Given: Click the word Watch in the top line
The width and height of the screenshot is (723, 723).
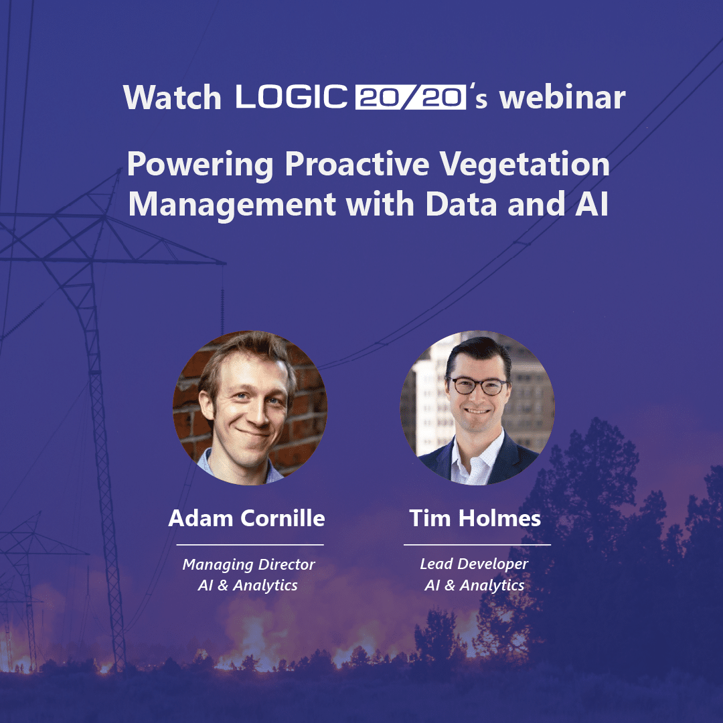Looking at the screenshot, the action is pos(172,97).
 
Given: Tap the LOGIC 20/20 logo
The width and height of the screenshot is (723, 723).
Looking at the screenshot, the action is pos(350,97).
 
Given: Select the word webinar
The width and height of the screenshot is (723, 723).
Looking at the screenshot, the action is pos(562,97).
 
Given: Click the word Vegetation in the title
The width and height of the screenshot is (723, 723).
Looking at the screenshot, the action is pos(524,165).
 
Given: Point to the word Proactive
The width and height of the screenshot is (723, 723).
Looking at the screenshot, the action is pos(357,164).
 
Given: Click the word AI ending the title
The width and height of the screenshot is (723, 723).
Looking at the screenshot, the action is pos(592,204).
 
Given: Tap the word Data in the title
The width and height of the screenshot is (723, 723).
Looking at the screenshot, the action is pos(461,204).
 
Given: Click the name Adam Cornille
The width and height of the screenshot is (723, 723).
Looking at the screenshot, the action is pos(246,518).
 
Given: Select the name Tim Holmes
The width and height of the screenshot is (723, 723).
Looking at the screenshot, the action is pos(475,518).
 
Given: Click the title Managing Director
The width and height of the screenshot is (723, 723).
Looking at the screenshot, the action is pos(248,565).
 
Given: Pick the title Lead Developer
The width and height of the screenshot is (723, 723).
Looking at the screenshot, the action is pos(474,564).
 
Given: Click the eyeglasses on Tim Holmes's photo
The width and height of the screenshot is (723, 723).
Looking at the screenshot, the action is pos(478,386).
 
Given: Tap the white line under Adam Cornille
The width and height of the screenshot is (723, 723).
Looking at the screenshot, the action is pos(250,544).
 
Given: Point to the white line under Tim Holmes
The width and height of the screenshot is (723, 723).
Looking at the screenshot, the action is pos(477,544).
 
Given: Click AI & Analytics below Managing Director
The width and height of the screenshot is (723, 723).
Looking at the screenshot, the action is pos(248,585).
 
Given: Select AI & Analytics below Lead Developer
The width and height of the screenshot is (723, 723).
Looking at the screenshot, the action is pos(475,585).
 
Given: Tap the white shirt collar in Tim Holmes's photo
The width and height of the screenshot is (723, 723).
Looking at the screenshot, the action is pos(479,457).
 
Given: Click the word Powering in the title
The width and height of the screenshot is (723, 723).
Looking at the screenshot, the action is pos(201,165).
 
